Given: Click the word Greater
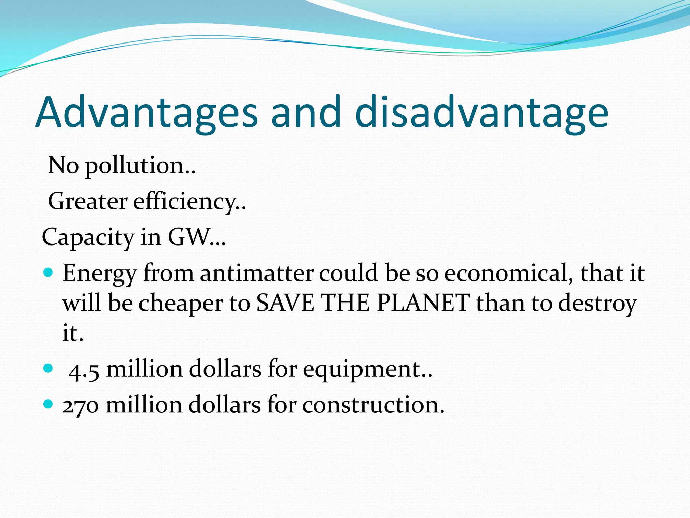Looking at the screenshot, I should (x=88, y=201).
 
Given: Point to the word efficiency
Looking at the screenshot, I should (x=189, y=202).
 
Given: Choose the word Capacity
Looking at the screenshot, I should (x=88, y=237).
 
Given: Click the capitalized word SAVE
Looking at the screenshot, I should (x=285, y=303).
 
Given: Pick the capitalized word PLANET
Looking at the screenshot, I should (x=423, y=303).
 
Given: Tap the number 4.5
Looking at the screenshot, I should (x=84, y=370).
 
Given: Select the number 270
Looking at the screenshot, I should (x=81, y=405).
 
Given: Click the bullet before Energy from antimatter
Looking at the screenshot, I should (x=49, y=272).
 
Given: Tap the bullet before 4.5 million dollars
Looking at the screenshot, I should (x=49, y=368).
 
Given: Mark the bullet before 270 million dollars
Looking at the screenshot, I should (x=49, y=404).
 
